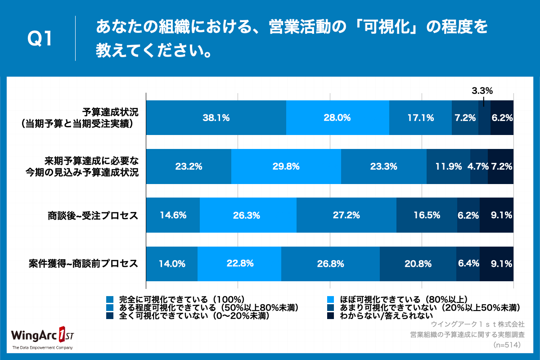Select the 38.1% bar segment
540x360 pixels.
click(216, 118)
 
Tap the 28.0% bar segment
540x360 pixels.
click(337, 118)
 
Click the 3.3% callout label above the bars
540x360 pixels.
click(482, 91)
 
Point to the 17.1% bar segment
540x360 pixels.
click(420, 118)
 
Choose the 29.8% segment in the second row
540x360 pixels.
click(286, 166)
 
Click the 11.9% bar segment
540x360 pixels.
click(448, 166)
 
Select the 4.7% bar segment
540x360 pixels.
click(479, 166)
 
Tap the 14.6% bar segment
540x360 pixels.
click(173, 215)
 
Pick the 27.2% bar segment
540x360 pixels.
click(346, 215)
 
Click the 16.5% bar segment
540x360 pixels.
click(427, 215)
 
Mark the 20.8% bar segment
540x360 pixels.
click(418, 264)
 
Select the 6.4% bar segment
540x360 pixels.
click(468, 264)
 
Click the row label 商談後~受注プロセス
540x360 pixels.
click(93, 215)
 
